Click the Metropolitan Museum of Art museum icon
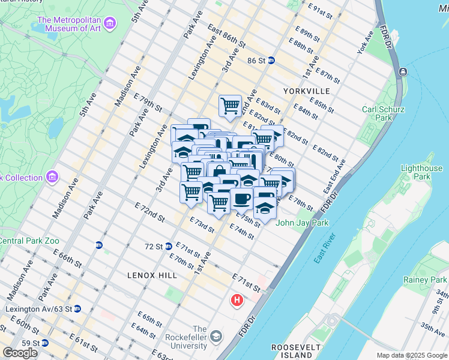109,24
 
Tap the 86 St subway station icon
271,61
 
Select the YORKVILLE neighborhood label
309,91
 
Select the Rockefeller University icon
215,337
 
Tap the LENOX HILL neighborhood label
152,275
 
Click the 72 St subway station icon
170,246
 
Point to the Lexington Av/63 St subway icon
77,309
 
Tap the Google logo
20,352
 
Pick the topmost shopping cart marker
230,106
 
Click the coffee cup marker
242,198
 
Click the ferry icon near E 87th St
402,73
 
